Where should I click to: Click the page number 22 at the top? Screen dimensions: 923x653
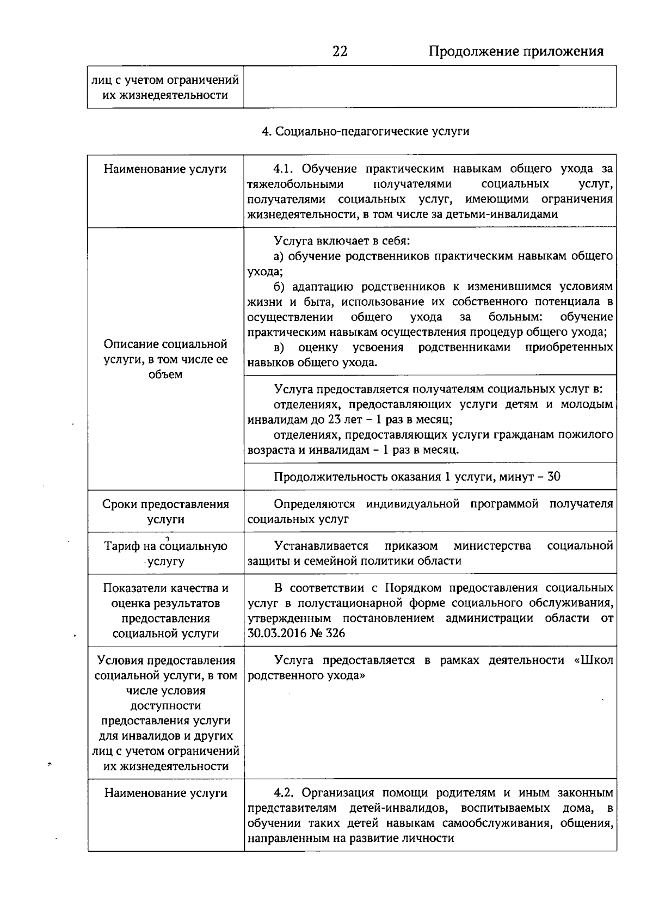pos(340,51)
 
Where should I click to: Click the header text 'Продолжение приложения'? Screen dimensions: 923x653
pos(516,51)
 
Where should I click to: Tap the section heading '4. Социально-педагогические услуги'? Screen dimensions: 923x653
pos(365,131)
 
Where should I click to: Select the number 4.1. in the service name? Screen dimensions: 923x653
pos(284,169)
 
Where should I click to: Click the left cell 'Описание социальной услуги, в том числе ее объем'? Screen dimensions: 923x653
pos(165,359)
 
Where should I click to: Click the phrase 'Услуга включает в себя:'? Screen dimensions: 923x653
pos(342,241)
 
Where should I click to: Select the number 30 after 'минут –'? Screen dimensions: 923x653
pos(553,477)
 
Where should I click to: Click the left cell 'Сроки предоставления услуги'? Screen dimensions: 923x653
pos(165,512)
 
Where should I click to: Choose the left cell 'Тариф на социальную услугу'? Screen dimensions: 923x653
pos(165,553)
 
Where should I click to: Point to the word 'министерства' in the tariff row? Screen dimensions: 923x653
pos(492,546)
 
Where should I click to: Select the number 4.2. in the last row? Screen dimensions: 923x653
pos(284,793)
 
